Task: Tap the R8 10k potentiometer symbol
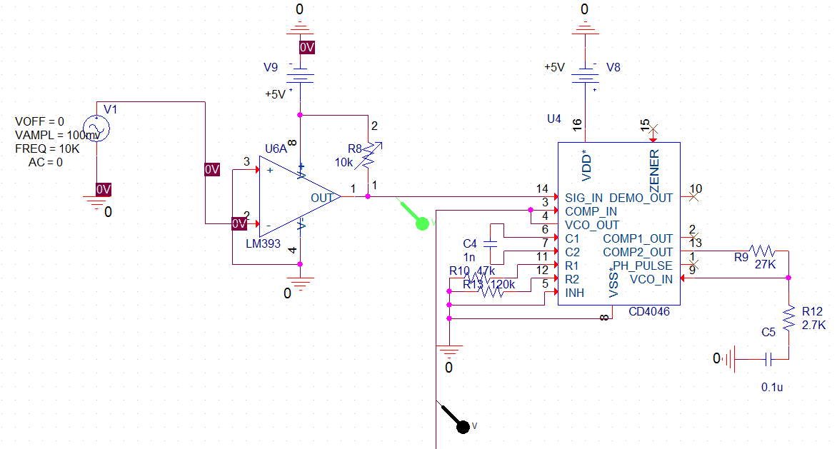pyautogui.click(x=369, y=156)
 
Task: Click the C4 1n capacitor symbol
pyautogui.click(x=491, y=243)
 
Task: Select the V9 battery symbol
pyautogui.click(x=301, y=75)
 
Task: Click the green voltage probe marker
pyautogui.click(x=422, y=223)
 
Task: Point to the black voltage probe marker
pyautogui.click(x=463, y=426)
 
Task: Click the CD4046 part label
pyautogui.click(x=650, y=312)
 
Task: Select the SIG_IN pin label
pyautogui.click(x=583, y=198)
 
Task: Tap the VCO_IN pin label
pyautogui.click(x=651, y=279)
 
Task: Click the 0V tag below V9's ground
pyautogui.click(x=306, y=48)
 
